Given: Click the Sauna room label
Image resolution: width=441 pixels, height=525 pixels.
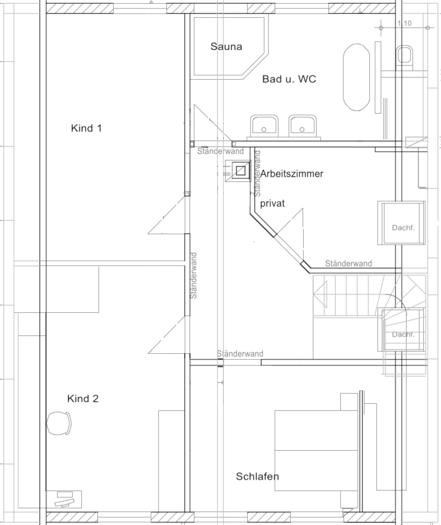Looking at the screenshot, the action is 226,46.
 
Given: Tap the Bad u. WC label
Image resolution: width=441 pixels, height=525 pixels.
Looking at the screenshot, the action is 289,79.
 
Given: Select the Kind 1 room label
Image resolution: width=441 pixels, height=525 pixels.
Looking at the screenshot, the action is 86,128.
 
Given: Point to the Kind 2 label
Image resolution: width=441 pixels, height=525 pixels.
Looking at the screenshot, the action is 83,398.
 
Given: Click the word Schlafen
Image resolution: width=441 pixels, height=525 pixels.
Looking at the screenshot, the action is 257,476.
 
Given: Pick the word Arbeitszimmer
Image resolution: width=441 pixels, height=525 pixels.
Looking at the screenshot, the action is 292,173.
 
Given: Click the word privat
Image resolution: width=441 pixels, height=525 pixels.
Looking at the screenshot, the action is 272,203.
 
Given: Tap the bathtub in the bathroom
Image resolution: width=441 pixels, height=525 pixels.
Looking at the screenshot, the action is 356,77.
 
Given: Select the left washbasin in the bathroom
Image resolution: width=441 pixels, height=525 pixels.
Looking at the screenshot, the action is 264,126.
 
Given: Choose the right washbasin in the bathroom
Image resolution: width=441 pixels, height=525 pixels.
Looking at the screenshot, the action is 303,126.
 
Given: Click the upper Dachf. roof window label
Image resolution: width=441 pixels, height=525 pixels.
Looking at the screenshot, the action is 403,228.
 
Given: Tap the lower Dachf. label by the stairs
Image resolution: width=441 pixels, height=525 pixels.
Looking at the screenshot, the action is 403,334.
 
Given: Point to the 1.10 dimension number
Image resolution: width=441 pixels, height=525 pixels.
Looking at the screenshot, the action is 404,23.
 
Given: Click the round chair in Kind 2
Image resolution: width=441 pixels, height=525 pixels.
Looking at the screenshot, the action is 59,423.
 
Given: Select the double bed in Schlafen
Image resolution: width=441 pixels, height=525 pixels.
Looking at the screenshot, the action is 316,451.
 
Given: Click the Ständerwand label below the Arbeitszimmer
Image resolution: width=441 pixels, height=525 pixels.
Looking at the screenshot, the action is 348,263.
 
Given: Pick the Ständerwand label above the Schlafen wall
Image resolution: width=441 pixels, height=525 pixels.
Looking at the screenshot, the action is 240,354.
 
